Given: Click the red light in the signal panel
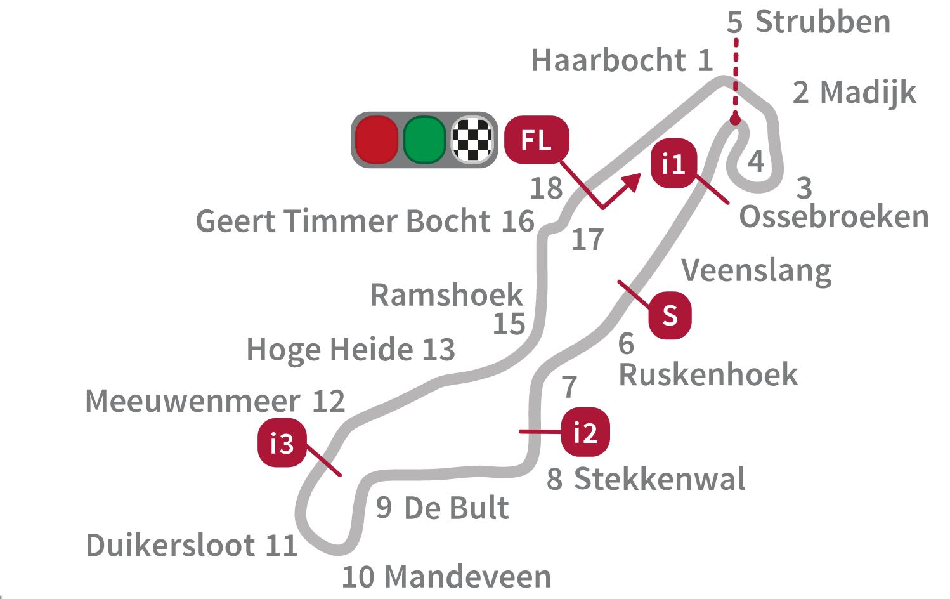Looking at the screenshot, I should pos(377,140).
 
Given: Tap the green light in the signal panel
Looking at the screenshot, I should pos(425,140).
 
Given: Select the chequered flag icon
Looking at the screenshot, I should pos(472,140).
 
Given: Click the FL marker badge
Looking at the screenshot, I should pos(537,140).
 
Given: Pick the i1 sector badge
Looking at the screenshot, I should pos(673,164).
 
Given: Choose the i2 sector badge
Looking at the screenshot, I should pos(585,432).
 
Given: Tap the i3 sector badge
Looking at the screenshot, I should pos(282,444).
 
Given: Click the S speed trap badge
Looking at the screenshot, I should pos(670,315).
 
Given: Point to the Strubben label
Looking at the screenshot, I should pos(823,22).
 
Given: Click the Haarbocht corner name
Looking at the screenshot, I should pos(609,61).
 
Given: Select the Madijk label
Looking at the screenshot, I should pos(868,93).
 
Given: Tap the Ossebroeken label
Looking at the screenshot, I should pos(834,217).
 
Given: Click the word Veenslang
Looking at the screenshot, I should pos(756,271).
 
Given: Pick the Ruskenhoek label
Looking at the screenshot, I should pos(708,374).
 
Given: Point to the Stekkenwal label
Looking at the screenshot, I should pos(660,478).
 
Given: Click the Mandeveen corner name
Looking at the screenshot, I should pos(467,577).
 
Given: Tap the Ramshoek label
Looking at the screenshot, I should pos(446,295).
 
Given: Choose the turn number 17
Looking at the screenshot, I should pos(587,240).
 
